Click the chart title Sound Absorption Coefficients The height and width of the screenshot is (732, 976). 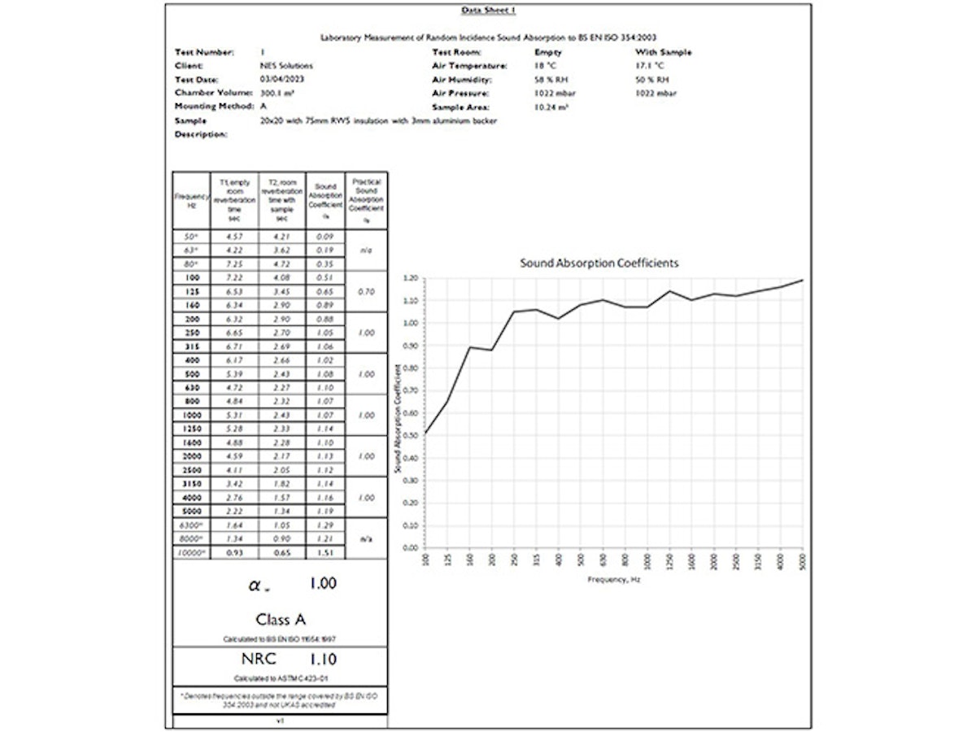pos(599,264)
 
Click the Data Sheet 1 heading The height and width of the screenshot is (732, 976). pos(488,10)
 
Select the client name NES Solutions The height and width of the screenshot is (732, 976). pos(286,66)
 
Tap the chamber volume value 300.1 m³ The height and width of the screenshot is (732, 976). pos(277,94)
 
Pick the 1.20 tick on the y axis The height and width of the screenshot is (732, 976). pos(408,278)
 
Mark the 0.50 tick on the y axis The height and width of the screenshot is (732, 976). pos(408,435)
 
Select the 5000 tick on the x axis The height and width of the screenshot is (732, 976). pos(803,559)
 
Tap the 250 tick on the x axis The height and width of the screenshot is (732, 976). pos(514,559)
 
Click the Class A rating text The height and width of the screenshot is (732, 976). pos(281,620)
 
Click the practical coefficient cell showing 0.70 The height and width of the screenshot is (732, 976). pos(366,291)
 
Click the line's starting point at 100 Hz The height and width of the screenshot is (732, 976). pos(425,434)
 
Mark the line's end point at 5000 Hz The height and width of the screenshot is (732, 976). pos(803,281)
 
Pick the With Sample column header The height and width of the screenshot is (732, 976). pos(664,52)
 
